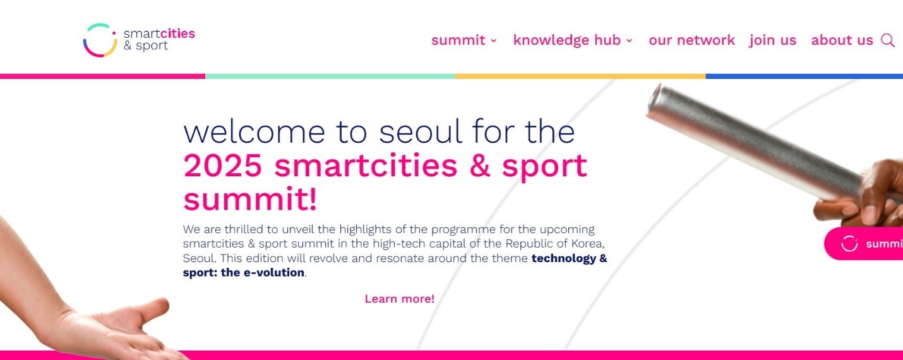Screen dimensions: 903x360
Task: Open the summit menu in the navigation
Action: coord(464,40)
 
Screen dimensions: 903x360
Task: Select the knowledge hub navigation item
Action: coord(573,40)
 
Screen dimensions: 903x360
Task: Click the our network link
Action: coord(691,40)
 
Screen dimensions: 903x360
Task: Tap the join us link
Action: coord(773,40)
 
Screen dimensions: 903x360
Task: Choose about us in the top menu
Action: coord(842,40)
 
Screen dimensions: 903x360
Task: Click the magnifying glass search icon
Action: coord(888,40)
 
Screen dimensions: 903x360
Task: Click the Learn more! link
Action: coord(400,299)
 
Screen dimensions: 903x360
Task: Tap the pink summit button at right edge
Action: coord(863,244)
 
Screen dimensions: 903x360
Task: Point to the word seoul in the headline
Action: coord(421,132)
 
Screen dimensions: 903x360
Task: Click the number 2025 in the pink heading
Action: coord(223,165)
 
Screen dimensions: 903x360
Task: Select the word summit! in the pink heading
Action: coord(250,199)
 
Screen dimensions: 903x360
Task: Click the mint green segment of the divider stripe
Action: coord(330,76)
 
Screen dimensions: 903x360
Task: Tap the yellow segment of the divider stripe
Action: coord(580,76)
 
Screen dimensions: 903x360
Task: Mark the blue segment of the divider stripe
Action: coord(804,76)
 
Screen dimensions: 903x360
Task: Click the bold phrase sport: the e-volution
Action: coord(244,272)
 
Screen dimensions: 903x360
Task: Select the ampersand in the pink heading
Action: coord(480,165)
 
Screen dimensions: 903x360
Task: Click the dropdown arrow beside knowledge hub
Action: coord(630,40)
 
